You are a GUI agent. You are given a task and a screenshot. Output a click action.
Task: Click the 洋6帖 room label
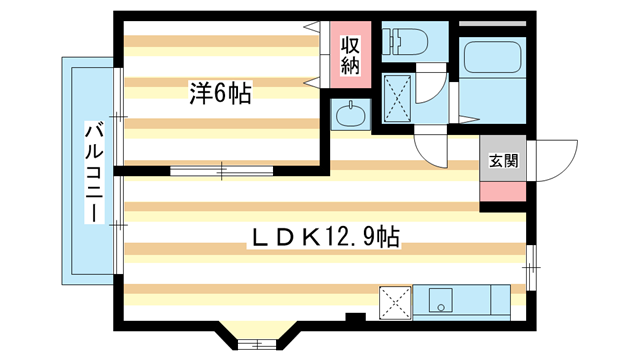(x=220, y=93)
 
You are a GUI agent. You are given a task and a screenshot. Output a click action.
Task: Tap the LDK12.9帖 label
(x=324, y=237)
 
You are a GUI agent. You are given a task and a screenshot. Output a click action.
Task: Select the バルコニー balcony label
(x=94, y=172)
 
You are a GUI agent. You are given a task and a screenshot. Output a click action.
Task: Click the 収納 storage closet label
(x=350, y=55)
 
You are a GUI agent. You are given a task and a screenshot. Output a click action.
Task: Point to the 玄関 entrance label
(x=503, y=161)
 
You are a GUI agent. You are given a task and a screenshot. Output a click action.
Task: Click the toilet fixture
(x=408, y=41)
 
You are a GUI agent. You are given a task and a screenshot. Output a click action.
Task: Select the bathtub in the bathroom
(x=493, y=57)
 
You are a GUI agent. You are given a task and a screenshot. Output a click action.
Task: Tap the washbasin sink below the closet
(x=351, y=114)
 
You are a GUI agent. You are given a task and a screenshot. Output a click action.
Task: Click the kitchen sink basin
(x=440, y=300)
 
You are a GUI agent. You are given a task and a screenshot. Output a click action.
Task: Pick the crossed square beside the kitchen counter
(x=395, y=302)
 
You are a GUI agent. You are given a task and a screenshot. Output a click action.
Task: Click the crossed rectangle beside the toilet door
(x=398, y=98)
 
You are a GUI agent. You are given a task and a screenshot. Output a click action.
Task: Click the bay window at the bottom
(x=257, y=344)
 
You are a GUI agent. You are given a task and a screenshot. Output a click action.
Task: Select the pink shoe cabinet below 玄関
(x=503, y=191)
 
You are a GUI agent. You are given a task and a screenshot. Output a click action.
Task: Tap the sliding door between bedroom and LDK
(x=222, y=171)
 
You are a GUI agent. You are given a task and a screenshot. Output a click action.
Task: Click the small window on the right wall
(x=531, y=268)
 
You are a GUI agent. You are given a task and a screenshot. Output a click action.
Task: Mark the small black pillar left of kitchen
(x=355, y=317)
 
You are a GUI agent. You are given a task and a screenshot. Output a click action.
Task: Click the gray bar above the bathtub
(x=493, y=24)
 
